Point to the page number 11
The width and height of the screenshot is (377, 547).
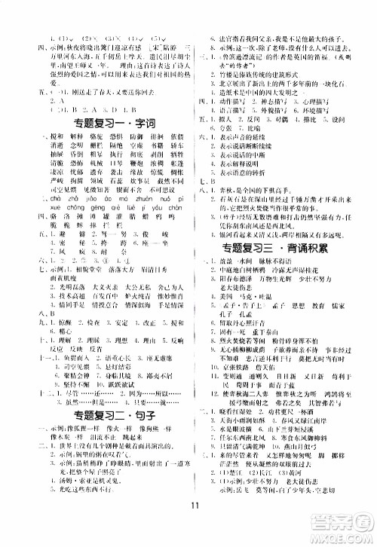click(x=188, y=525)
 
